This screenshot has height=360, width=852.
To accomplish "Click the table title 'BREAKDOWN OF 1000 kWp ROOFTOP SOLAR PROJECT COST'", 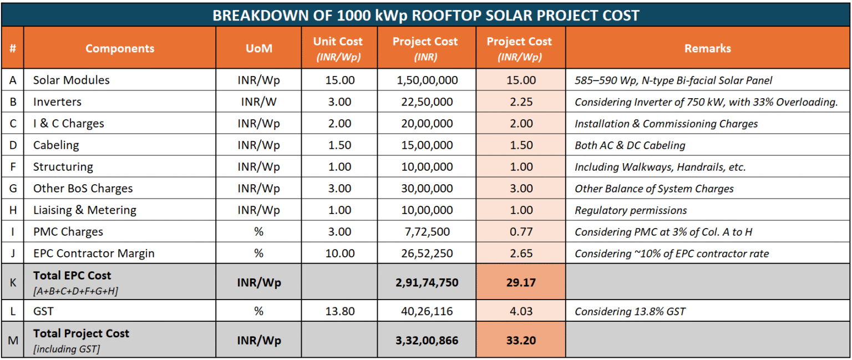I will click(425, 15).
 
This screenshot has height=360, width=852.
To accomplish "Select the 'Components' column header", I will click(120, 48).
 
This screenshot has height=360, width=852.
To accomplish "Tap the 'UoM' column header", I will click(258, 48).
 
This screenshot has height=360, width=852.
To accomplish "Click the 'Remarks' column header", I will click(707, 48).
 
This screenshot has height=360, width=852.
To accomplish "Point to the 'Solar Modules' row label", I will click(71, 80).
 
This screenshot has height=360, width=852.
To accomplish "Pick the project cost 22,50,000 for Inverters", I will click(427, 102).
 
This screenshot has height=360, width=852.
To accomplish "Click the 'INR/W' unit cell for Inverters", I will click(258, 102).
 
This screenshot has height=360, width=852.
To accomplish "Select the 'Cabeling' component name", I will click(56, 145).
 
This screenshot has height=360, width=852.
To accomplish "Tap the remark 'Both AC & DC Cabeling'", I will click(630, 145).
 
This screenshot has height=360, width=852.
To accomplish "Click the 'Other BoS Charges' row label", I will click(83, 189).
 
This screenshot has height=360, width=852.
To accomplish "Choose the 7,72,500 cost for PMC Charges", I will click(427, 232).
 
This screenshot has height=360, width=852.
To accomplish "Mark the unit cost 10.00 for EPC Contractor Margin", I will click(339, 253).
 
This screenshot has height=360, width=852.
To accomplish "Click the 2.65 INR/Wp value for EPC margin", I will click(521, 253).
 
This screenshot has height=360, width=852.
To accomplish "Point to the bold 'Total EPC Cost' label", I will click(72, 275).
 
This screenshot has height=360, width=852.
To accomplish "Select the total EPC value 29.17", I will click(521, 282).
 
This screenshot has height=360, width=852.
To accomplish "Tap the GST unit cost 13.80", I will click(339, 311).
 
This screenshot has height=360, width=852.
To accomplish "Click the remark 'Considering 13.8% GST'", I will click(630, 311).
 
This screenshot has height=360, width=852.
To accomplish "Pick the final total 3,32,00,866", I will click(427, 340).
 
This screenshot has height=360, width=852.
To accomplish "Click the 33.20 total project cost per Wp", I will click(521, 340).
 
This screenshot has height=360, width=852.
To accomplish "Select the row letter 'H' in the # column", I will click(13, 210).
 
